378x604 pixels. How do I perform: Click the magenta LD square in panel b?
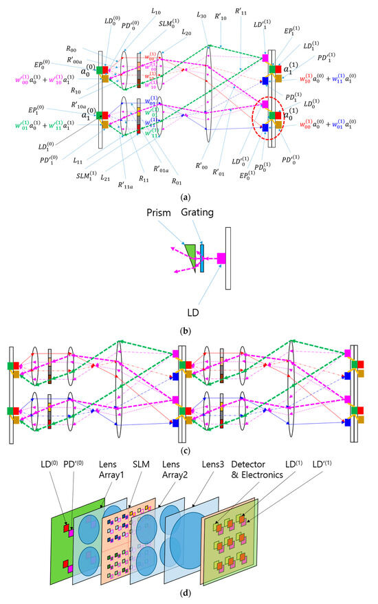(221, 258)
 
